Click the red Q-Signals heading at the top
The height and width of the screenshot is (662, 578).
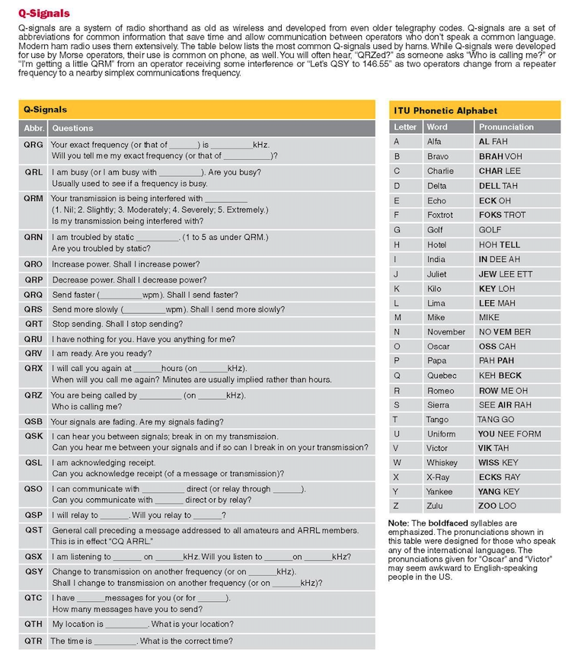click(x=43, y=13)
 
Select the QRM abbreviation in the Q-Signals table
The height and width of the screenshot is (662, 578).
click(x=34, y=198)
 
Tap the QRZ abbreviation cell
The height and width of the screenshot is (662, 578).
click(x=34, y=396)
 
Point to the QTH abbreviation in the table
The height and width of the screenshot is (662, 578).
click(x=34, y=624)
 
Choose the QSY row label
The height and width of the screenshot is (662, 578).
click(x=34, y=571)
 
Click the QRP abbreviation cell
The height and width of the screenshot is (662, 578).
click(x=34, y=280)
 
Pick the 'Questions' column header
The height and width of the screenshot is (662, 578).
click(x=72, y=128)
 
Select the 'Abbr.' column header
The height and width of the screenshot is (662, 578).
click(x=34, y=128)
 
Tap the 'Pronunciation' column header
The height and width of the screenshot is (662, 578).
click(x=506, y=127)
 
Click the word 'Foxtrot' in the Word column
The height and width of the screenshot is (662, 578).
click(x=439, y=215)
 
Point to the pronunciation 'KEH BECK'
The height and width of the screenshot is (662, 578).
click(x=500, y=376)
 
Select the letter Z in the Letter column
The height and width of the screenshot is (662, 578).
click(x=396, y=507)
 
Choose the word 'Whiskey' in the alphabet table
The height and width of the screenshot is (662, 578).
click(x=442, y=463)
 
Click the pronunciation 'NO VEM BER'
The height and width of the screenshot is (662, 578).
click(x=506, y=332)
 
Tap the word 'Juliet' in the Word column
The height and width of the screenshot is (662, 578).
click(x=437, y=273)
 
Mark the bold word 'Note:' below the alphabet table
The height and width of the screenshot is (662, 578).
click(x=398, y=523)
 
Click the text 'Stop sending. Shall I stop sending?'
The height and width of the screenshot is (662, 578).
click(x=117, y=324)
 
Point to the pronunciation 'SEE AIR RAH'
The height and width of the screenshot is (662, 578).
click(x=504, y=405)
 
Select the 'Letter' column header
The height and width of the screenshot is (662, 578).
click(x=405, y=127)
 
